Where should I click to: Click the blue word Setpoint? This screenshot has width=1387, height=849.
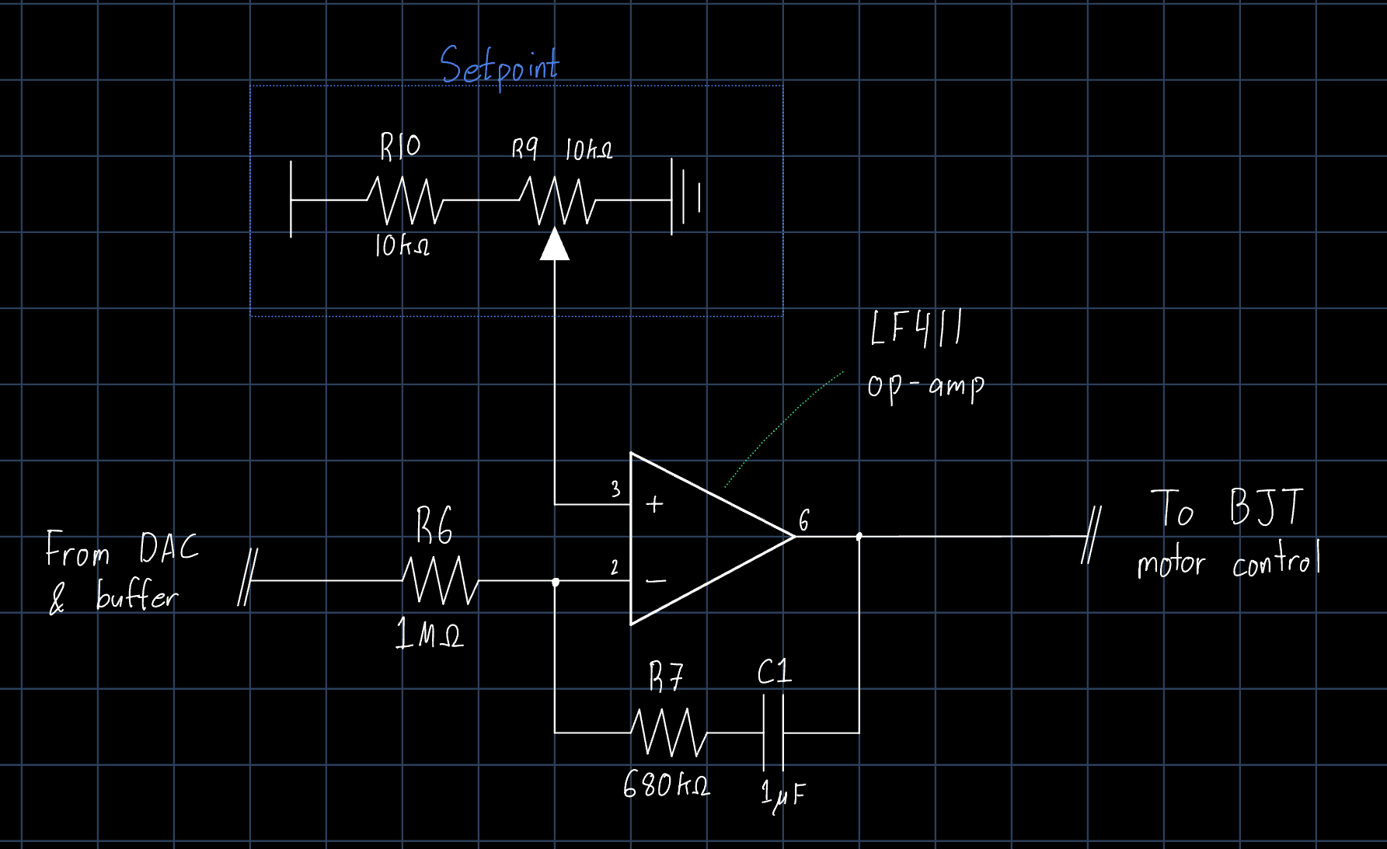[499, 66]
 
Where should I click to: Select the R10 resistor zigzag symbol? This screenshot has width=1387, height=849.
[405, 200]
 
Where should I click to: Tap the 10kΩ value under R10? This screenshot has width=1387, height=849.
[402, 247]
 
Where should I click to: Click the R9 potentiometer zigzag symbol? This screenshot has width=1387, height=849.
[557, 200]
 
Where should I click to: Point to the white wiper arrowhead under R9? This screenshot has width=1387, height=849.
[555, 245]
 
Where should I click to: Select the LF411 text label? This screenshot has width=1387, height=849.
[916, 329]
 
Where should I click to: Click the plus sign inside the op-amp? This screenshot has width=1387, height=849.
[655, 505]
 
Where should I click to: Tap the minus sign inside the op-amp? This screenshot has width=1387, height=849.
[657, 580]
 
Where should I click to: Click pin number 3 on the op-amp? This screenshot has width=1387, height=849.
[615, 489]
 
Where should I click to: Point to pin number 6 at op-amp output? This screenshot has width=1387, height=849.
[804, 520]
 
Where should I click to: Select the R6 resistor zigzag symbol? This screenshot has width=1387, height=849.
[440, 580]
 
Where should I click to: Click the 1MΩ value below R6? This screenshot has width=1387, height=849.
[429, 635]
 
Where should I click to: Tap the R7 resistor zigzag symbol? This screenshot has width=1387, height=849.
[668, 732]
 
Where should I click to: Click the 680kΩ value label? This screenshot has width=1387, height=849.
[666, 785]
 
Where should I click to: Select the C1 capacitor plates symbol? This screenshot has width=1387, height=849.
[773, 732]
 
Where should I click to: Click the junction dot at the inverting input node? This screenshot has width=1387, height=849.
[556, 582]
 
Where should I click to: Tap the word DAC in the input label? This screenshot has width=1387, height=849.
[169, 548]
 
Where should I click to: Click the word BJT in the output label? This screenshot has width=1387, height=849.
[1266, 508]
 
